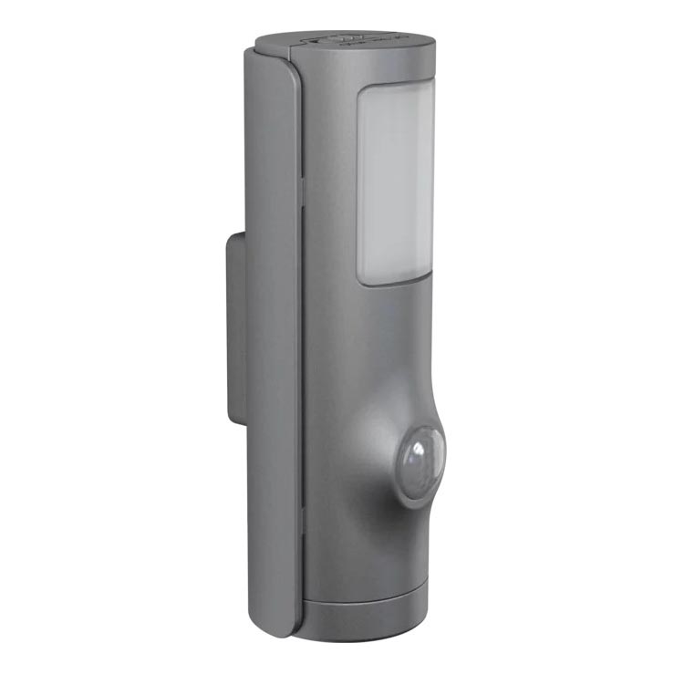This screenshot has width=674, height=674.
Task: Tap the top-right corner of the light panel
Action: click(x=433, y=91)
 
